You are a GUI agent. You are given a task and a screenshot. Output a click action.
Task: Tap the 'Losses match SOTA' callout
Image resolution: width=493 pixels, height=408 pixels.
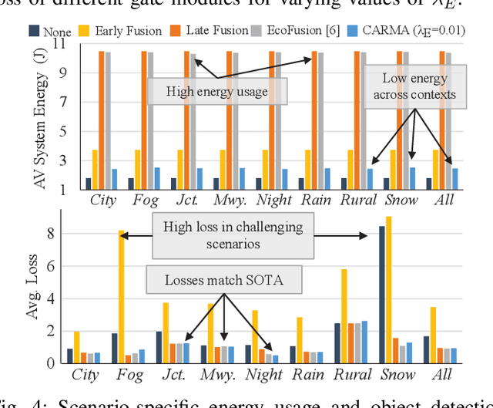pos(223,280)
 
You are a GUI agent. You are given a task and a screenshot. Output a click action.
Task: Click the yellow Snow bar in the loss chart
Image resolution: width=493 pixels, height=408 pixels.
pos(388,289)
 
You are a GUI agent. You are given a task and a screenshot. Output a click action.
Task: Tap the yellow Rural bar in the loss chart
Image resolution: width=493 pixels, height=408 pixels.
pos(344,315)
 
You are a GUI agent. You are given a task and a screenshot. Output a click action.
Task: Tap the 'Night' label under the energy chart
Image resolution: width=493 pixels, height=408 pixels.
pos(273,200)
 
